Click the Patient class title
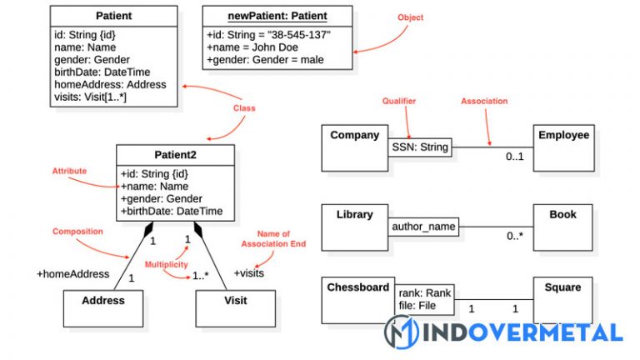pyautogui.click(x=113, y=16)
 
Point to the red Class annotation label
pyautogui.click(x=244, y=108)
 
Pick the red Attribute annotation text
pyautogui.click(x=70, y=171)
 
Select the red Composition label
pyautogui.click(x=77, y=231)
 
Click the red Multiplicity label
pyautogui.click(x=166, y=264)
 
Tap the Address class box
pyautogui.click(x=103, y=307)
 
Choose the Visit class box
pyautogui.click(x=234, y=307)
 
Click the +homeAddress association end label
pyautogui.click(x=72, y=273)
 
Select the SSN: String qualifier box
pyautogui.click(x=420, y=147)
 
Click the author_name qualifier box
pyautogui.click(x=423, y=226)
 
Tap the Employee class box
pyautogui.click(x=563, y=147)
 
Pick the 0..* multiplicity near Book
pyautogui.click(x=515, y=236)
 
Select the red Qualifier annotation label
pyautogui.click(x=398, y=101)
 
